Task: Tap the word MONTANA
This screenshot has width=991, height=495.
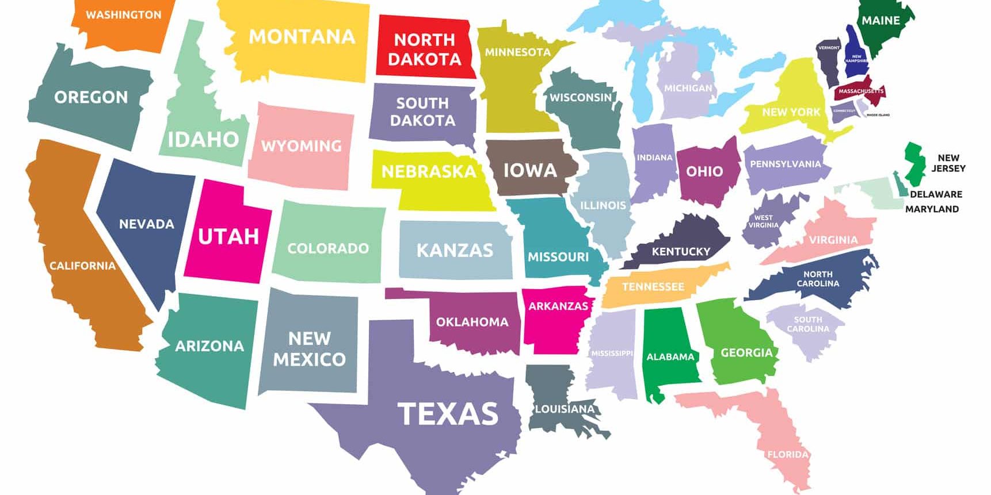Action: (x=302, y=37)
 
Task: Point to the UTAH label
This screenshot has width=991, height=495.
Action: (x=228, y=236)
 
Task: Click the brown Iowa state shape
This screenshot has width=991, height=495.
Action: (x=530, y=170)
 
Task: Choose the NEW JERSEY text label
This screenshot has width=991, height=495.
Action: (x=948, y=163)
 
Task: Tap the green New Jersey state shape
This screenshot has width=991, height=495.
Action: (x=913, y=162)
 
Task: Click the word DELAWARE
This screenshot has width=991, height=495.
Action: (x=936, y=194)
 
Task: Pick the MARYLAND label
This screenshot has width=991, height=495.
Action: (x=932, y=209)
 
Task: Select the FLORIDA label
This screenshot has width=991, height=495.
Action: (x=788, y=454)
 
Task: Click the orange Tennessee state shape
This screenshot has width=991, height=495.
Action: (x=653, y=286)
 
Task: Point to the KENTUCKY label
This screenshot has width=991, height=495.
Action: (x=681, y=251)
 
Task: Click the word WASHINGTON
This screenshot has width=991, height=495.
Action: (x=124, y=15)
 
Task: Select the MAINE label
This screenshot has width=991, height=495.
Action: (x=881, y=21)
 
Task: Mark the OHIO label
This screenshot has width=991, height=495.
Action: (x=704, y=171)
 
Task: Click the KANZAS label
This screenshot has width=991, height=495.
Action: (x=455, y=250)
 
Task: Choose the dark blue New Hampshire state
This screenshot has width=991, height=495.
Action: (x=855, y=52)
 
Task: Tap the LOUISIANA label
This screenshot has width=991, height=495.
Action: (x=565, y=409)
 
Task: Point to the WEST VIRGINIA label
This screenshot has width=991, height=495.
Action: (x=763, y=221)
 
